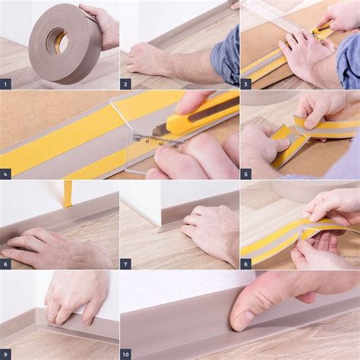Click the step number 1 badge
[7, 84]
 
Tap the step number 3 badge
[247, 84]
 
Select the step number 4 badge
[7, 173]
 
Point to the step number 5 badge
[247, 173]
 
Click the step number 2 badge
[127, 84]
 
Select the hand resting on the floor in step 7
[209, 232]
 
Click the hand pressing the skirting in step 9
[76, 296]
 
